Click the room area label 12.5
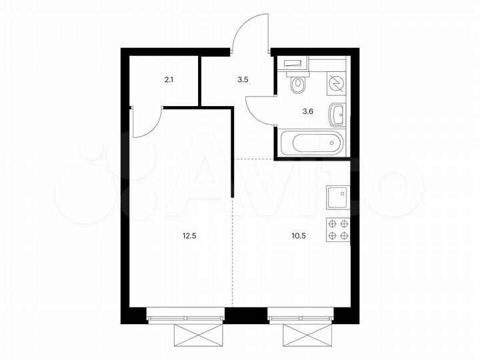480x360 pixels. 189,235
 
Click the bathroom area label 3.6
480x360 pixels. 308,111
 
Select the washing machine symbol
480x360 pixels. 337,83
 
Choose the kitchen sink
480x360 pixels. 337,198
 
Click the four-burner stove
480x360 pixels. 337,229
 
